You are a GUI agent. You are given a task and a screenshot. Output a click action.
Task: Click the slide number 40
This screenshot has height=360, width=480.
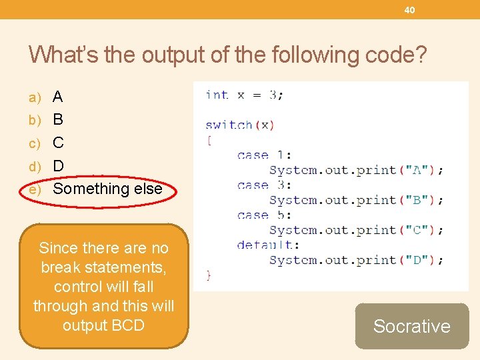coord(409,10)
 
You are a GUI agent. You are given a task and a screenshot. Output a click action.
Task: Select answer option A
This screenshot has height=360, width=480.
coord(58,97)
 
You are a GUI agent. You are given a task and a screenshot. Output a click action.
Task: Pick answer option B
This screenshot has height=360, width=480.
coord(58,120)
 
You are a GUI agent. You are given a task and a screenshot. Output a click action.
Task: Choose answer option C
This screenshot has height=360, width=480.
coord(58,143)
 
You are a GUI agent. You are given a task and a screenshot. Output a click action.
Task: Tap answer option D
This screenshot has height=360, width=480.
coord(58,165)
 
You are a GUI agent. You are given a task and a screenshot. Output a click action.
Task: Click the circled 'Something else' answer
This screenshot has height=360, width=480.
coord(107,189)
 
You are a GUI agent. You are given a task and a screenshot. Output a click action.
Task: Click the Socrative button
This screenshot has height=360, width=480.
coord(411,326)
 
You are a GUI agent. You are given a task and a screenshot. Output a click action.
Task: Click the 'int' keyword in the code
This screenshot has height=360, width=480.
coord(217,95)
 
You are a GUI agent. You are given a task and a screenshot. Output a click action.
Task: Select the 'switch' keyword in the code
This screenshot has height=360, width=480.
coord(229,125)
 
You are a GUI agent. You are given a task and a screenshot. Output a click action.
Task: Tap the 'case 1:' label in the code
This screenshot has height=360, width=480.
coord(264,155)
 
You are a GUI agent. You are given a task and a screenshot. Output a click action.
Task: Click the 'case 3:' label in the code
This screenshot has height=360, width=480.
coord(264,185)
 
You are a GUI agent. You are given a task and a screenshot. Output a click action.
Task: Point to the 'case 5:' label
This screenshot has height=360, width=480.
coord(264,215)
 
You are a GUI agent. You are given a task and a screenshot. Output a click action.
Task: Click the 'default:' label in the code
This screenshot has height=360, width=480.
coord(268,245)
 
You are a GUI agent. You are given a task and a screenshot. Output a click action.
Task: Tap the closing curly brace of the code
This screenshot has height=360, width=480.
coord(209,275)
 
